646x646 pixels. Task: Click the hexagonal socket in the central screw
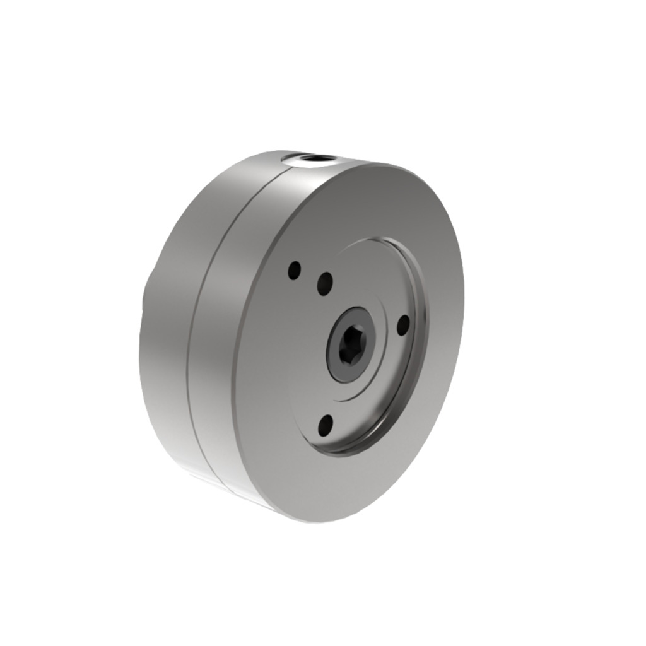(349, 345)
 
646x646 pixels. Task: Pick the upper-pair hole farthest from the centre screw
(294, 271)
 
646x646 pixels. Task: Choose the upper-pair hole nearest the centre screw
(325, 283)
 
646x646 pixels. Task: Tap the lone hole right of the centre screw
(402, 325)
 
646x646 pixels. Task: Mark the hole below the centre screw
(326, 426)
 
